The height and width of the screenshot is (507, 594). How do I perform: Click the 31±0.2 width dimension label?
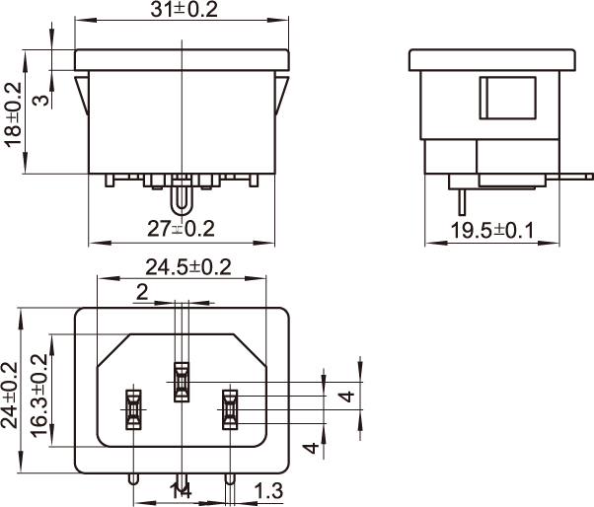(x=185, y=9)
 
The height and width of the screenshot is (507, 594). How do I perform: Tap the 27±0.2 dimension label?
(x=181, y=229)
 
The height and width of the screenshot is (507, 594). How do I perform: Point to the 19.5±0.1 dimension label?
(x=492, y=230)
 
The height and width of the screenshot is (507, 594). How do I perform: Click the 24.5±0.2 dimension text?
(x=188, y=267)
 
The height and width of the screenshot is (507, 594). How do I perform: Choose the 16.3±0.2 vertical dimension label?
(x=38, y=396)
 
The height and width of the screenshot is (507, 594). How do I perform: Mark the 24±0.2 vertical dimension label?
(x=9, y=396)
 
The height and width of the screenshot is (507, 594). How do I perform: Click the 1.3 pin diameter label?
(x=268, y=490)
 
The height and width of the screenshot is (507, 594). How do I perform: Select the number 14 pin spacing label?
(x=181, y=491)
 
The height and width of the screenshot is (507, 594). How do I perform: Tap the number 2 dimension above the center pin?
(x=142, y=292)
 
